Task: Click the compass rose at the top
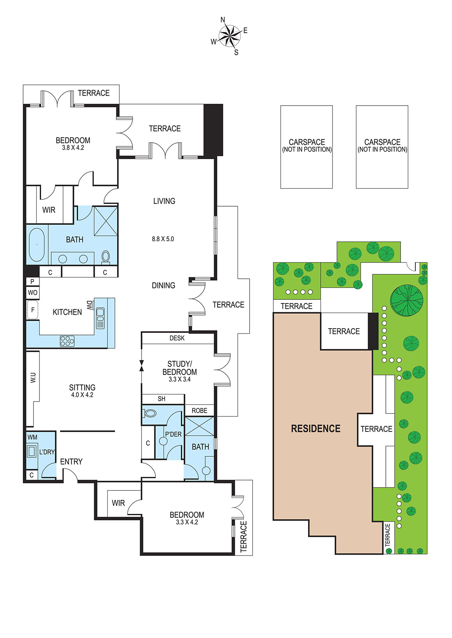(x=230, y=36)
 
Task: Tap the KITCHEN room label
(x=67, y=312)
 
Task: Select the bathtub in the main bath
(x=37, y=245)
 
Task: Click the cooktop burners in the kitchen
(x=67, y=341)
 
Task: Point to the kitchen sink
(x=100, y=318)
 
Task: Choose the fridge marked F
(x=33, y=309)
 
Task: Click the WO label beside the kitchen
(x=32, y=293)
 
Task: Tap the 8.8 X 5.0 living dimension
(x=163, y=239)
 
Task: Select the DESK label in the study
(x=177, y=338)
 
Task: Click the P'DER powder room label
(x=173, y=434)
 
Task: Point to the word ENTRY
(x=71, y=461)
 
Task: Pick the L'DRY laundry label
(x=47, y=452)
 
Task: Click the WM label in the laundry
(x=32, y=437)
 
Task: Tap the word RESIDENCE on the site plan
(x=316, y=429)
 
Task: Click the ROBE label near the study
(x=199, y=410)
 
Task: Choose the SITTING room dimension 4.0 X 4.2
(x=82, y=395)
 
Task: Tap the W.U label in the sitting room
(x=33, y=378)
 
